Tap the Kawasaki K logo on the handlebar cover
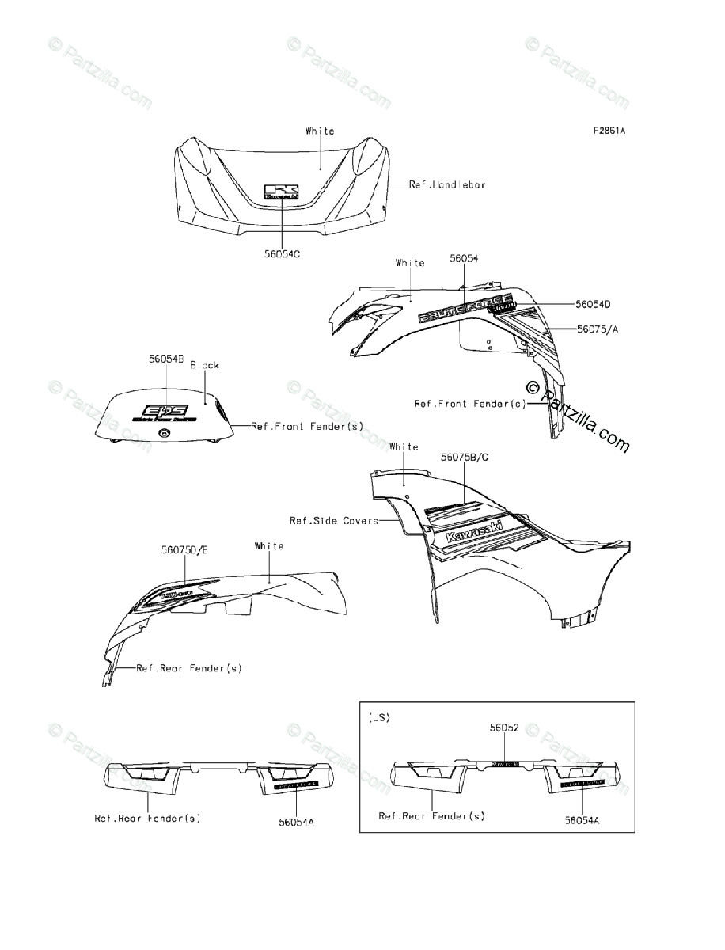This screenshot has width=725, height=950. point(283,192)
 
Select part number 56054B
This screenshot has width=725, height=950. point(166,359)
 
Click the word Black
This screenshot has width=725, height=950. point(204,366)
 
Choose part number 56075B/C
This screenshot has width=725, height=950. point(468,458)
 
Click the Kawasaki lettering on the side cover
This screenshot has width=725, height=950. point(474,524)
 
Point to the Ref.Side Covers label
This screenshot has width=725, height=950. point(333,520)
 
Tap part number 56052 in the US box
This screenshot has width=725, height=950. point(503,728)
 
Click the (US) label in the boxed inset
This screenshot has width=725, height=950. point(379,717)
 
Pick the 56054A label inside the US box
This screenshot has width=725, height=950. point(582,821)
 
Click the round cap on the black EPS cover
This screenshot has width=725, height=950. point(164,432)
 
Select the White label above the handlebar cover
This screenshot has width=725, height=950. point(320,131)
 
